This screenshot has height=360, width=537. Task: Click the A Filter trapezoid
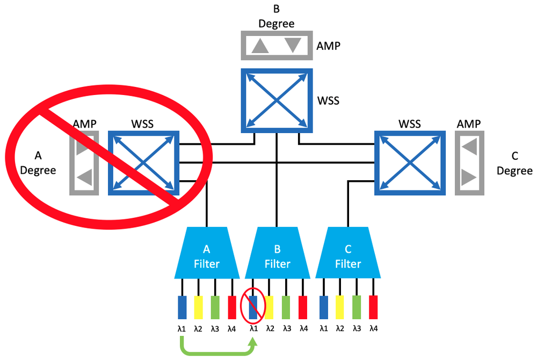tap(206, 255)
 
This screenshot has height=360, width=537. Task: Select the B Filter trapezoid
tap(277, 255)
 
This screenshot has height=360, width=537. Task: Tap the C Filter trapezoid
tap(348, 255)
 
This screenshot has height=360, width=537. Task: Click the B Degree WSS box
tap(276, 100)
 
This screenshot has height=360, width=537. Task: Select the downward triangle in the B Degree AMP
tap(293, 45)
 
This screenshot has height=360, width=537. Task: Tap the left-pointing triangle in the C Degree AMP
tap(468, 146)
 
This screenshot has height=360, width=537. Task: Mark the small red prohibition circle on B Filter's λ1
tap(252, 306)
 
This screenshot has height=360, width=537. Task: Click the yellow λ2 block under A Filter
tap(198, 307)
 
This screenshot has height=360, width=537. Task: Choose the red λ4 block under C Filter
tap(373, 307)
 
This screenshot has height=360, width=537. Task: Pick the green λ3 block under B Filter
tap(286, 307)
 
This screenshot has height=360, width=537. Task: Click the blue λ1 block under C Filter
tap(323, 307)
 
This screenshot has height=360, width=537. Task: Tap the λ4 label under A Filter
tap(231, 328)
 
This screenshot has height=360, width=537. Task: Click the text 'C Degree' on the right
tap(514, 164)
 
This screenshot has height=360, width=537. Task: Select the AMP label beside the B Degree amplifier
tap(328, 46)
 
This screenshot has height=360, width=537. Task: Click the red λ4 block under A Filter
tap(232, 307)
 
